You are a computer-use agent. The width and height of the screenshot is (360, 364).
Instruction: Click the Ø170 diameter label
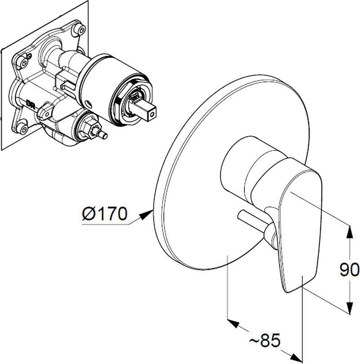[105, 213]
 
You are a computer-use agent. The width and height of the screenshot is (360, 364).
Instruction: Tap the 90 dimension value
[349, 270]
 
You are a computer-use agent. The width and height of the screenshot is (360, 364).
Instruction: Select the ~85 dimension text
[265, 341]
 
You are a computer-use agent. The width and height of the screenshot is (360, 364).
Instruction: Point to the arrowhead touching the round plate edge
[146, 214]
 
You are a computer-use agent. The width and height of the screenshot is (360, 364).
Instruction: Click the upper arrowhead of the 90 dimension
[350, 232]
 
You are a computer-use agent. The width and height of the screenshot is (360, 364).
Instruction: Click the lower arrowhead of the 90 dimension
[350, 307]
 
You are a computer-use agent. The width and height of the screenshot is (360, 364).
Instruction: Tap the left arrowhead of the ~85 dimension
[234, 324]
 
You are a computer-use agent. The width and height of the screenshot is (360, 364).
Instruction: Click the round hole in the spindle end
[153, 114]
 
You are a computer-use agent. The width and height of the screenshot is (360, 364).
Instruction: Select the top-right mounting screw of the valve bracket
[81, 29]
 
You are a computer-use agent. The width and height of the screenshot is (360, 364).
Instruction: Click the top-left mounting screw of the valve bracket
[23, 62]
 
